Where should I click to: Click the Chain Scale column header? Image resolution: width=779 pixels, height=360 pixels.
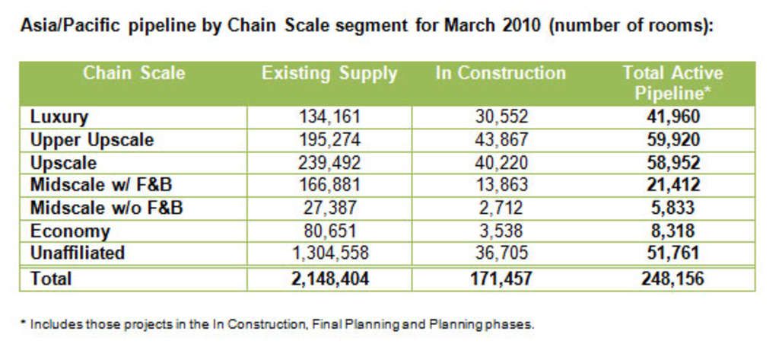point(133,74)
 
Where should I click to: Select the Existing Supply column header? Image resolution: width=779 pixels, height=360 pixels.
point(329,74)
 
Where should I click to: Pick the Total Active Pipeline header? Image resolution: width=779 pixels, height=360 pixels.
point(672,83)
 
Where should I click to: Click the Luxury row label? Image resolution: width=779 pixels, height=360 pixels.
point(59,117)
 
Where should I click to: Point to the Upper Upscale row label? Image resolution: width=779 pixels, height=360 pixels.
point(91,140)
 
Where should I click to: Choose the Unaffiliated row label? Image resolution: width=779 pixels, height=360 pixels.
point(77,253)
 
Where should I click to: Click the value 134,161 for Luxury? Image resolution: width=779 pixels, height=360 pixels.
point(329,117)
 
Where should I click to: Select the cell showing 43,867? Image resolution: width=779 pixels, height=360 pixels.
point(500,140)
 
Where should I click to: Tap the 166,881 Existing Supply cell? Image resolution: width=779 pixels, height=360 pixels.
point(329,186)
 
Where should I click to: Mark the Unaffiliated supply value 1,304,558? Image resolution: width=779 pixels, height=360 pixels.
point(329,253)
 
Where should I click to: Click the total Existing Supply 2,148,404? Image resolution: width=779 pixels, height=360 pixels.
point(329,279)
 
